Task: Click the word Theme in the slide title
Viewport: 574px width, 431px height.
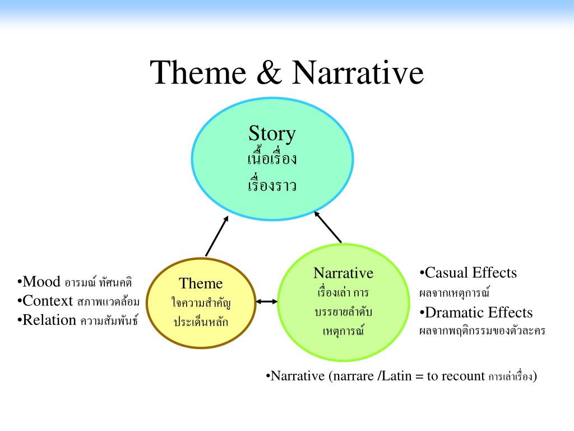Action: (x=199, y=73)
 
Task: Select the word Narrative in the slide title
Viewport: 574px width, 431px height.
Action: (x=357, y=73)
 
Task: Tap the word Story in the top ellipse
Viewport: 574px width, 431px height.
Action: (x=272, y=134)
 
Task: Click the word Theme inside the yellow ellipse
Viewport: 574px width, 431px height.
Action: (x=201, y=283)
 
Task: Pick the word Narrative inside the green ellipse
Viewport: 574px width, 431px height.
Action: (x=343, y=273)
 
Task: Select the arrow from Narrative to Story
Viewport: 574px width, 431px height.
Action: (x=328, y=227)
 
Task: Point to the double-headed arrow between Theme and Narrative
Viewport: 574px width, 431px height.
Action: (x=267, y=302)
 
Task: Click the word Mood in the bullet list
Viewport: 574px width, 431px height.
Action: (x=41, y=282)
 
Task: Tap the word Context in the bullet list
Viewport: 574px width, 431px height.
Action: (x=48, y=301)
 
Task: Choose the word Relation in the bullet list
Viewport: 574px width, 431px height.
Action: (x=49, y=320)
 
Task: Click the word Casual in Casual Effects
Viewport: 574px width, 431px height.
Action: (x=447, y=273)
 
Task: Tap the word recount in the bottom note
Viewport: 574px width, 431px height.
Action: (x=463, y=376)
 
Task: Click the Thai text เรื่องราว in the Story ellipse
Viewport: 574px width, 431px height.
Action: (x=272, y=185)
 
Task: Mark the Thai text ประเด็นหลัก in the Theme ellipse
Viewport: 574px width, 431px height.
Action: (x=201, y=322)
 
